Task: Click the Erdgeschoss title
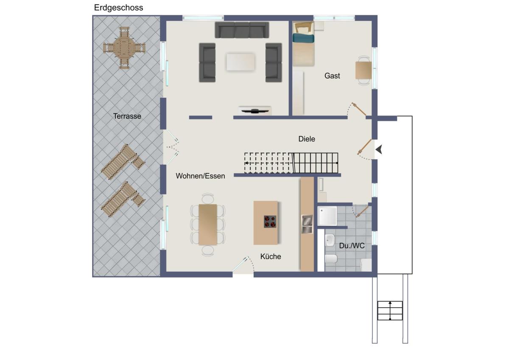(x=118, y=8)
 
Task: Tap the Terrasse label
(x=127, y=116)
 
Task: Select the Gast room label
(x=332, y=76)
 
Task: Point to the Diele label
(x=307, y=139)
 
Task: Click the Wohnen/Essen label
(x=200, y=176)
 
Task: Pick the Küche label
(x=271, y=256)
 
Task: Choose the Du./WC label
(x=352, y=246)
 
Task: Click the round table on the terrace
(x=124, y=48)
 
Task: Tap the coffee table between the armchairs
(x=241, y=62)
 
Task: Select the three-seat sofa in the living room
(x=242, y=30)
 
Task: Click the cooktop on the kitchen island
(x=270, y=222)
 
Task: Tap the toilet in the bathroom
(x=331, y=259)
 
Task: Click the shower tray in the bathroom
(x=327, y=216)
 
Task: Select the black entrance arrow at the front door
(x=379, y=149)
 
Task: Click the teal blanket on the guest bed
(x=303, y=38)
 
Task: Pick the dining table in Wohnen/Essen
(x=208, y=225)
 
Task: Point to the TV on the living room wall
(x=255, y=111)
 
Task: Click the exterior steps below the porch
(x=390, y=311)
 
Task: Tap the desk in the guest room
(x=364, y=70)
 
